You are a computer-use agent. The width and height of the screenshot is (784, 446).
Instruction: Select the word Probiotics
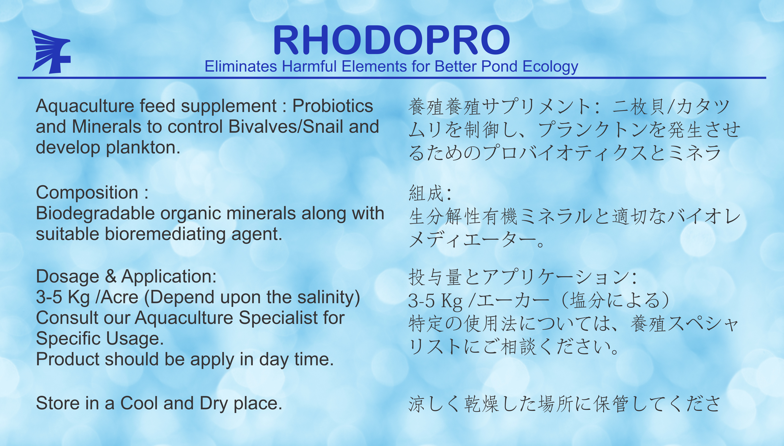[333, 106]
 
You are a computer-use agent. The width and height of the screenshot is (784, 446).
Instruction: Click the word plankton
[143, 148]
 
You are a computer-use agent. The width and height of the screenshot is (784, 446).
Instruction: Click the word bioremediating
[166, 234]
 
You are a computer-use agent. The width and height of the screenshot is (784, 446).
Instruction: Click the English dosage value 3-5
[49, 297]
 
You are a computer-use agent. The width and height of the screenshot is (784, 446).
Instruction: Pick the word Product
[68, 359]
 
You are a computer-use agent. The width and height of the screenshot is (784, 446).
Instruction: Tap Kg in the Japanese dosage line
[451, 301]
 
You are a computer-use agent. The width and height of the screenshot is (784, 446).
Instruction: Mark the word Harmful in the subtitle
[310, 66]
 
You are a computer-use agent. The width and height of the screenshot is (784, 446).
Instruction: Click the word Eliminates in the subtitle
[241, 66]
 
